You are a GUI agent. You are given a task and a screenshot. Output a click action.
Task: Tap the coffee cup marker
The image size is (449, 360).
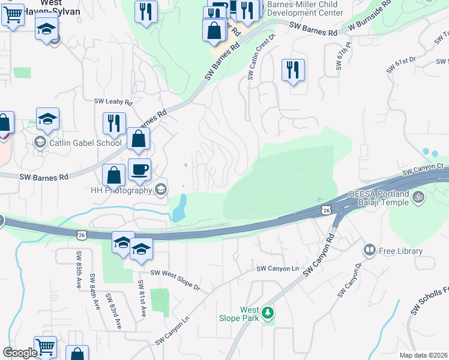pyautogui.click(x=139, y=170)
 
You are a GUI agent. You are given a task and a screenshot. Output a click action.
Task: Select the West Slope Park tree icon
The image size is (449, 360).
pyautogui.click(x=268, y=312)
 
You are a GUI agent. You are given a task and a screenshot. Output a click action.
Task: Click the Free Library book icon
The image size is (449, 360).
pyautogui.click(x=370, y=249)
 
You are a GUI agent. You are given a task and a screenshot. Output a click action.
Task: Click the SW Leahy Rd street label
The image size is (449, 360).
pyautogui.click(x=113, y=102)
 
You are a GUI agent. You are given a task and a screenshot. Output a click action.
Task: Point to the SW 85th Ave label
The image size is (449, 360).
pyautogui.click(x=78, y=263)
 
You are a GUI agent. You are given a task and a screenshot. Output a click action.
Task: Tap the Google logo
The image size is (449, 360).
pyautogui.click(x=20, y=353)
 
